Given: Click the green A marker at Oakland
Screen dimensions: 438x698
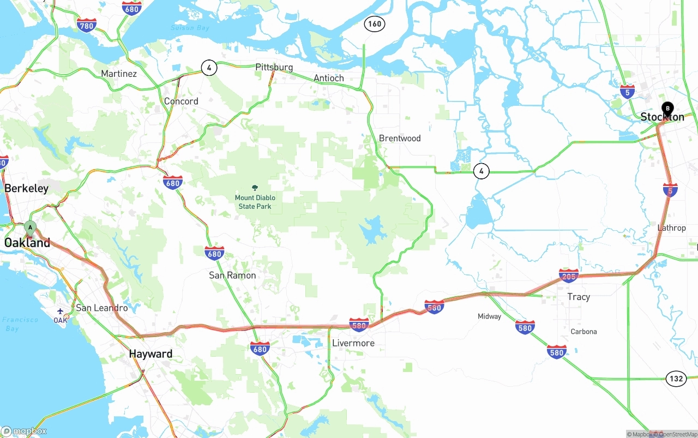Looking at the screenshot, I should point(31,227).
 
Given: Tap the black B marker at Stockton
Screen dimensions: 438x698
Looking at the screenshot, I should point(667,109).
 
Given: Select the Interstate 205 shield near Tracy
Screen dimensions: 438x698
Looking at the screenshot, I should point(568,275).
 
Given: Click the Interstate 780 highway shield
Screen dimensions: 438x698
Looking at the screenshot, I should point(87,24).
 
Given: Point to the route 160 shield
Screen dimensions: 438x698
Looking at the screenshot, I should point(375,24).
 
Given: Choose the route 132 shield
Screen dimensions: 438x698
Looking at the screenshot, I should point(676,379).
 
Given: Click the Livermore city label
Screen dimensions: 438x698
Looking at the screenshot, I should point(353,343).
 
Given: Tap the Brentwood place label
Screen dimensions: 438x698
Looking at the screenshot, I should point(400,138).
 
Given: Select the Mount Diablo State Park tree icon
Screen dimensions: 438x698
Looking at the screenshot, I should point(254,188).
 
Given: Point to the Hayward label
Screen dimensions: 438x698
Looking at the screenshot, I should point(151,354).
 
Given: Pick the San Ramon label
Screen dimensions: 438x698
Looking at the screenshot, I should point(232,275).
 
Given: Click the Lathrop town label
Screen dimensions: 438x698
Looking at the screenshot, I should point(671,227).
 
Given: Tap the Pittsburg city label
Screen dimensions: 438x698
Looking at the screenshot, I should point(274,67).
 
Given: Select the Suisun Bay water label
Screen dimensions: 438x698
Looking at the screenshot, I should point(190,28).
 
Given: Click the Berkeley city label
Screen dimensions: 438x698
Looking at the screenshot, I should point(26,188).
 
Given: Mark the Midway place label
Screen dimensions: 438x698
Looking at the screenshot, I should point(489,316).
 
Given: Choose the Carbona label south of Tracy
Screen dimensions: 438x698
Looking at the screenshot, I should point(583,332).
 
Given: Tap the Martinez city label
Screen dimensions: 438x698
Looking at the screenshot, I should point(119,74).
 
